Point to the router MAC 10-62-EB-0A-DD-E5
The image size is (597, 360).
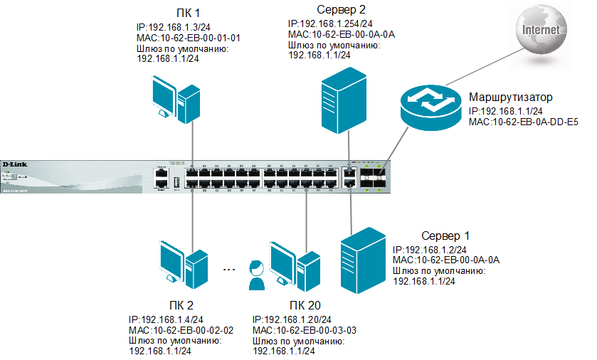(x=523, y=122)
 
